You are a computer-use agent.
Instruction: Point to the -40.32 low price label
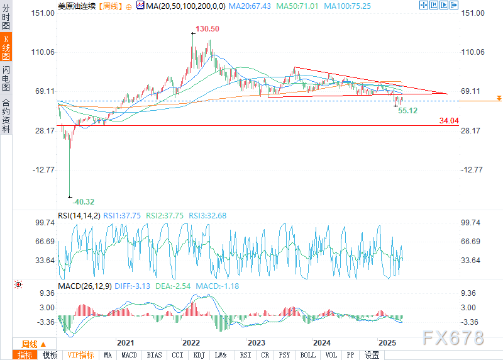(83, 202)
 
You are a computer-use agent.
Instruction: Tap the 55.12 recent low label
(407, 111)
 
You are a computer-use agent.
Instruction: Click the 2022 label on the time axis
(191, 343)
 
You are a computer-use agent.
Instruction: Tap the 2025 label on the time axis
(387, 343)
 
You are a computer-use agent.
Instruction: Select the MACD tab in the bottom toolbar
(129, 355)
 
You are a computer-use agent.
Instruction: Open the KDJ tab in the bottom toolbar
(199, 355)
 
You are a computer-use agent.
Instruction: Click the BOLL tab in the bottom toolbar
(307, 355)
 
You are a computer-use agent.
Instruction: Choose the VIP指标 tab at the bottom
(80, 355)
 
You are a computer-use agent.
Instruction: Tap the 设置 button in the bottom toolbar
(372, 355)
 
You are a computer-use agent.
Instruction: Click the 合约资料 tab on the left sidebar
(6, 116)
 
